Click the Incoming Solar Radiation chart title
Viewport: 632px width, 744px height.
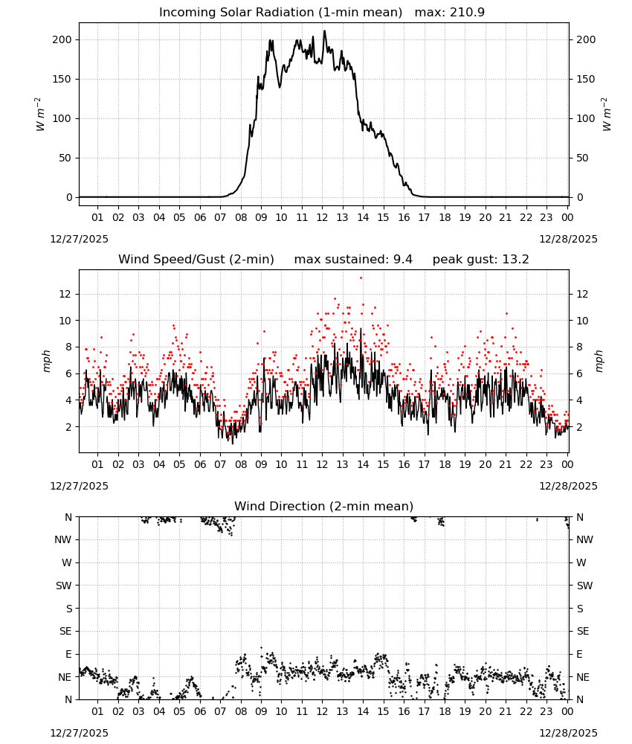click(x=280, y=13)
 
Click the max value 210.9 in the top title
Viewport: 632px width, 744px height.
click(x=467, y=13)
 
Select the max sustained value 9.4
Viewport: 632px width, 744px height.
click(x=402, y=259)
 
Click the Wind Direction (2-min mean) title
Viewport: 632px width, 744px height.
click(x=324, y=506)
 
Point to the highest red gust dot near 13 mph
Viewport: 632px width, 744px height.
click(x=361, y=278)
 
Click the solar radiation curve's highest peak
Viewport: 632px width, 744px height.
click(x=325, y=31)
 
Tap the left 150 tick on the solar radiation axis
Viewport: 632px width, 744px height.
click(x=62, y=80)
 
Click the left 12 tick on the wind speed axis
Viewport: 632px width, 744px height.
click(x=65, y=294)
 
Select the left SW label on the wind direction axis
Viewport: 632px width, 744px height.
click(x=63, y=586)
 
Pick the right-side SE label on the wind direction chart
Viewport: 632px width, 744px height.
click(x=583, y=631)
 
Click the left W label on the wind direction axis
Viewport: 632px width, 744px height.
click(x=67, y=562)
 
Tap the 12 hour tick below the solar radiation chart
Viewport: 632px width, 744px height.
click(x=322, y=217)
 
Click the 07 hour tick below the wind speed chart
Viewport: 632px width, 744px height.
click(x=220, y=464)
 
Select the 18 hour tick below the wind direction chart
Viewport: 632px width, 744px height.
click(x=444, y=711)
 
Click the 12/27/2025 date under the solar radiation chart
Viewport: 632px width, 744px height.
click(x=79, y=239)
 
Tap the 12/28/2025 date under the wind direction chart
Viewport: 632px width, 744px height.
click(x=568, y=733)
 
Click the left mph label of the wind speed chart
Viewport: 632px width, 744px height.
click(x=46, y=361)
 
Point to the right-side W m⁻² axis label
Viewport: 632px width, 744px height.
click(x=607, y=115)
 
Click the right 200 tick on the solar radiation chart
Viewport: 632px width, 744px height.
click(x=586, y=40)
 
